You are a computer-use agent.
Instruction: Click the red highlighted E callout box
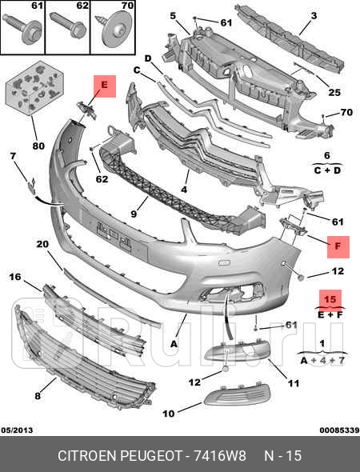105,86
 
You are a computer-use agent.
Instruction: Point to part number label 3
314,16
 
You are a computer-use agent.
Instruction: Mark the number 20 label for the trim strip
43,244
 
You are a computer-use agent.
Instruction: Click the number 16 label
14,277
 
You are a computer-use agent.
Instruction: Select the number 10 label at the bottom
168,414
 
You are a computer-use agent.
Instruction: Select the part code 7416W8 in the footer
214,456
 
